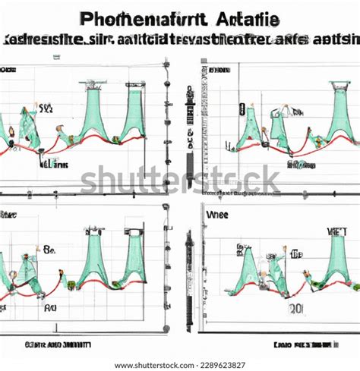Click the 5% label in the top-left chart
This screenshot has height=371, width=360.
[45, 108]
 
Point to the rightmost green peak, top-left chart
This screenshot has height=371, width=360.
[134, 114]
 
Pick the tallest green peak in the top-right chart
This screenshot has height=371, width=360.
[339, 114]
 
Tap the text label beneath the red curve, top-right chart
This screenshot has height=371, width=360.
[301, 164]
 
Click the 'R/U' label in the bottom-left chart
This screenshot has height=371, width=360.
[50, 308]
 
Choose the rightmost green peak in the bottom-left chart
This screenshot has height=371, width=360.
[134, 258]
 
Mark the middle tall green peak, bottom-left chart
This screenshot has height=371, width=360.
[95, 258]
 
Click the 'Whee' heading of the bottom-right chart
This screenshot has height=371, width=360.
[216, 215]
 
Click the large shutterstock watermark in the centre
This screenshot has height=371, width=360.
[180, 181]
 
